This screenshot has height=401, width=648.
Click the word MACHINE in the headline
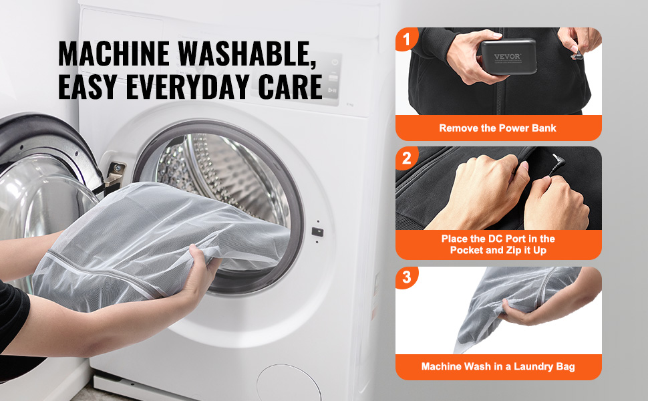pyautogui.click(x=114, y=53)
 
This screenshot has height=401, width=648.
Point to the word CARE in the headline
pyautogui.click(x=290, y=87)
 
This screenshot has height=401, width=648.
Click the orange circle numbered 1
pyautogui.click(x=407, y=39)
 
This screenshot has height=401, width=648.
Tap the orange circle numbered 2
pyautogui.click(x=407, y=158)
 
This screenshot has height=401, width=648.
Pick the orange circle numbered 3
pyautogui.click(x=407, y=277)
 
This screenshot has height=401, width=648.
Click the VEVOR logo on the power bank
pyautogui.click(x=508, y=56)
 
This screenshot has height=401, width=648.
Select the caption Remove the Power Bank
pyautogui.click(x=498, y=128)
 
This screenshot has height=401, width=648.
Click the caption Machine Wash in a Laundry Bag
pyautogui.click(x=498, y=366)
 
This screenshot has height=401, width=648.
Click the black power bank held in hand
pyautogui.click(x=509, y=57)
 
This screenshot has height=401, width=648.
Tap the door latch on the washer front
pyautogui.click(x=317, y=232)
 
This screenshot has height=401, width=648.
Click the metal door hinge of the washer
pyautogui.click(x=116, y=173)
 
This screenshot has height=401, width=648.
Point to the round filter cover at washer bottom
pyautogui.click(x=289, y=383)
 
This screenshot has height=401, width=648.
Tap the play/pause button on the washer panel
pyautogui.click(x=333, y=90)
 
